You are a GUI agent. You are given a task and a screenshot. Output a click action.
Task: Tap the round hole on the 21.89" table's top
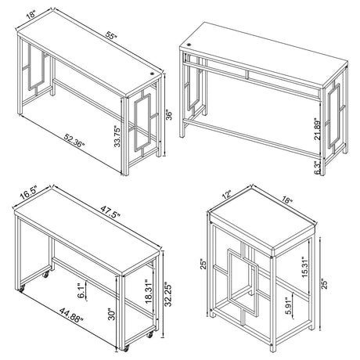191,56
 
